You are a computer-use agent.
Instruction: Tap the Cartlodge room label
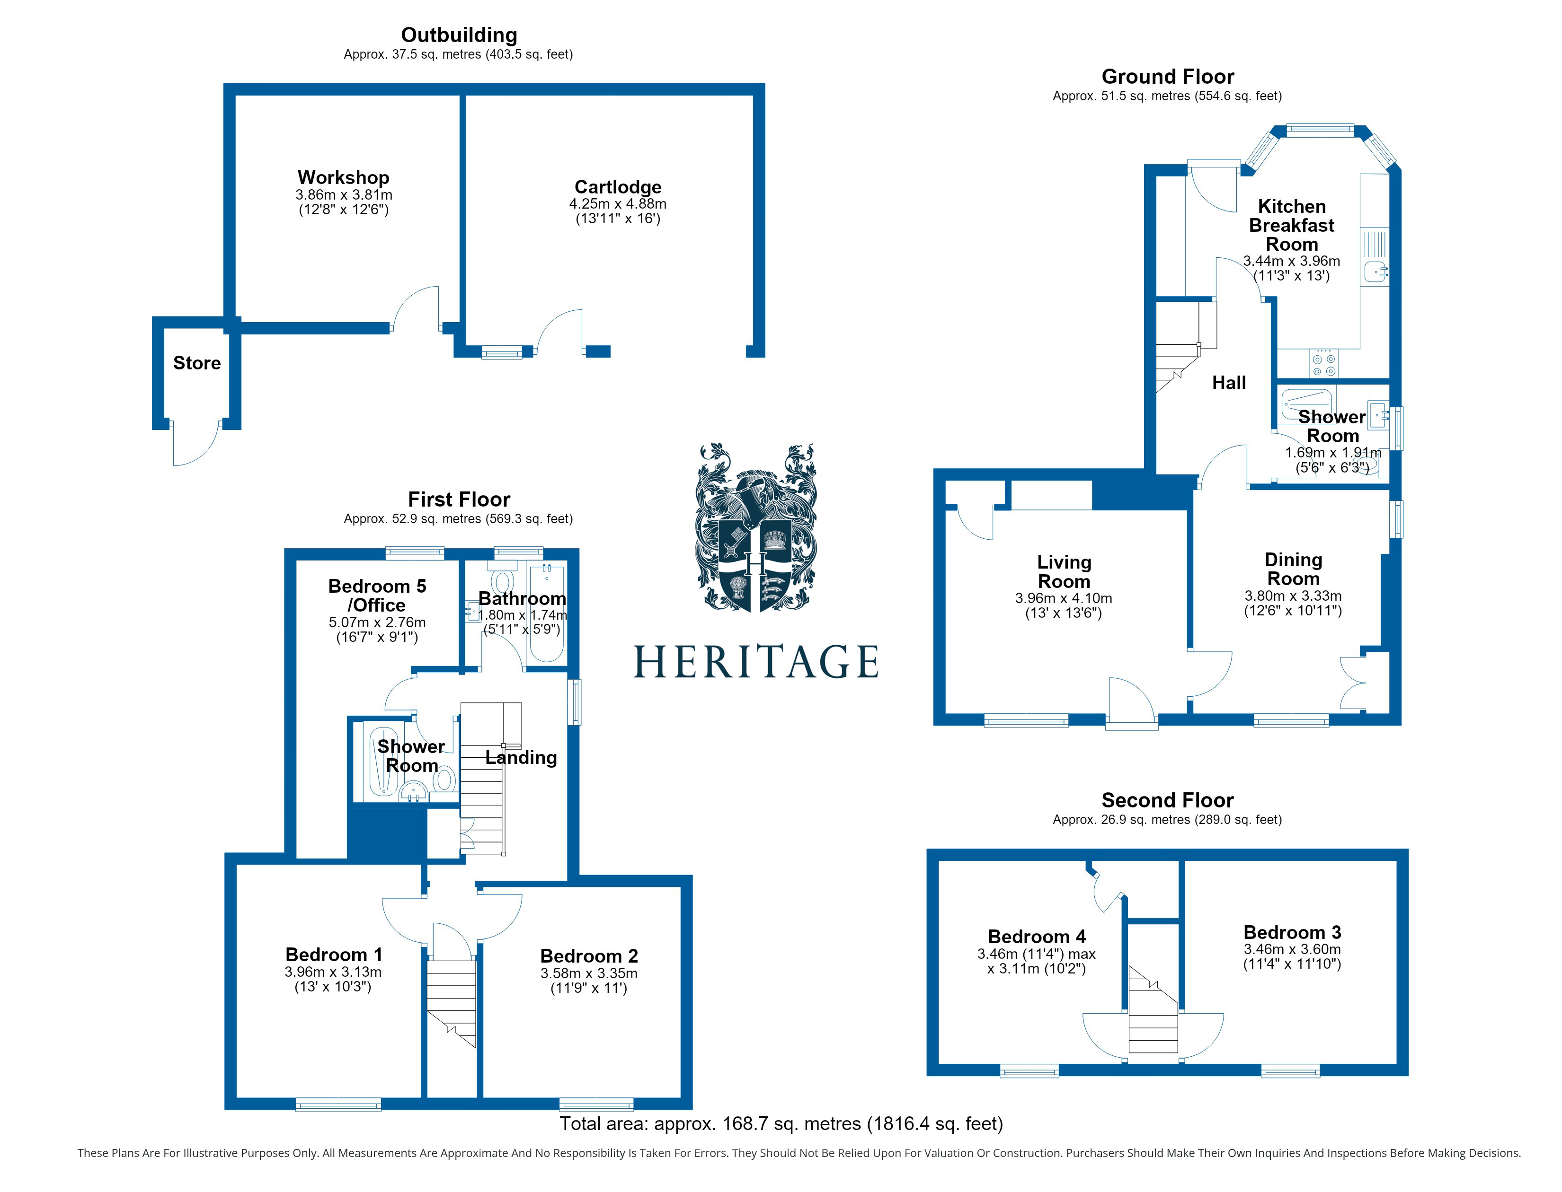click(618, 186)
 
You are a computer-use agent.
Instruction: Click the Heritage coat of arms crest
click(755, 527)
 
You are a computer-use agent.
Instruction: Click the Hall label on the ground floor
click(1228, 383)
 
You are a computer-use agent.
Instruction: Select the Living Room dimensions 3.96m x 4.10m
click(1063, 598)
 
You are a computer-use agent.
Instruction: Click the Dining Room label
click(1293, 569)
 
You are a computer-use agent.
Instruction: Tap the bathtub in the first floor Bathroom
click(546, 613)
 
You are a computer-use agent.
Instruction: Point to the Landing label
click(521, 758)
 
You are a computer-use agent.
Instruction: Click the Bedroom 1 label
click(333, 955)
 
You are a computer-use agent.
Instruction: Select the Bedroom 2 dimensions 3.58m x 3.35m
click(589, 973)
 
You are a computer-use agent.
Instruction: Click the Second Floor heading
click(1167, 800)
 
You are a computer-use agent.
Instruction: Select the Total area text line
click(781, 1124)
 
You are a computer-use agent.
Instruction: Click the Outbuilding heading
click(459, 35)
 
